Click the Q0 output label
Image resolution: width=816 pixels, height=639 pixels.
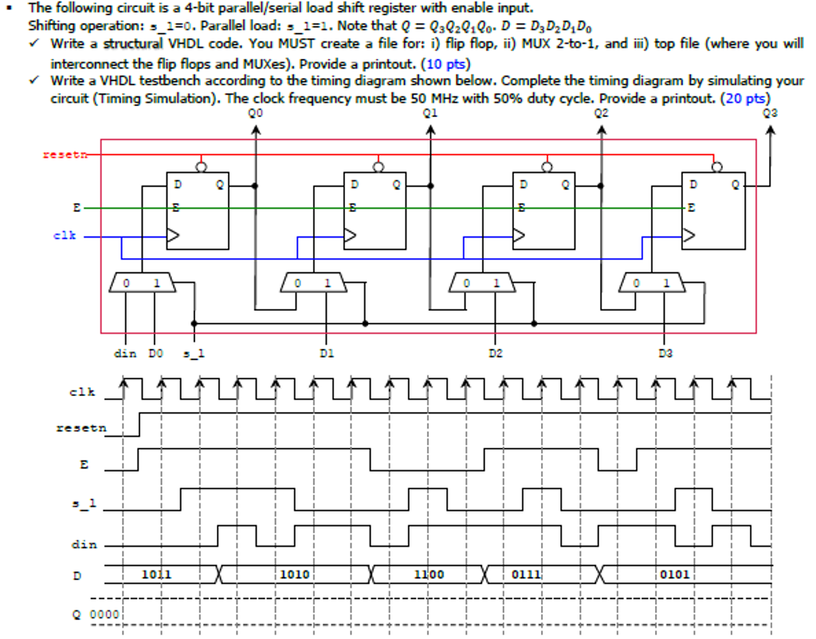255,113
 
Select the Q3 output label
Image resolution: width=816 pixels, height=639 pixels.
769,113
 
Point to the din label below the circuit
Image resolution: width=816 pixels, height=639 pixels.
125,352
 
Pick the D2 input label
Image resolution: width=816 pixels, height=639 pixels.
496,352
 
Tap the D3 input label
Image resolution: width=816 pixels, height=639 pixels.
665,352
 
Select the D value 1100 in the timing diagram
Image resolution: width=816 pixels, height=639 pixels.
429,574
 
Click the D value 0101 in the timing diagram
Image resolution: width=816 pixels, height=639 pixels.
674,574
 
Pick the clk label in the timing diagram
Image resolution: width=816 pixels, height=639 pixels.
83,391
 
